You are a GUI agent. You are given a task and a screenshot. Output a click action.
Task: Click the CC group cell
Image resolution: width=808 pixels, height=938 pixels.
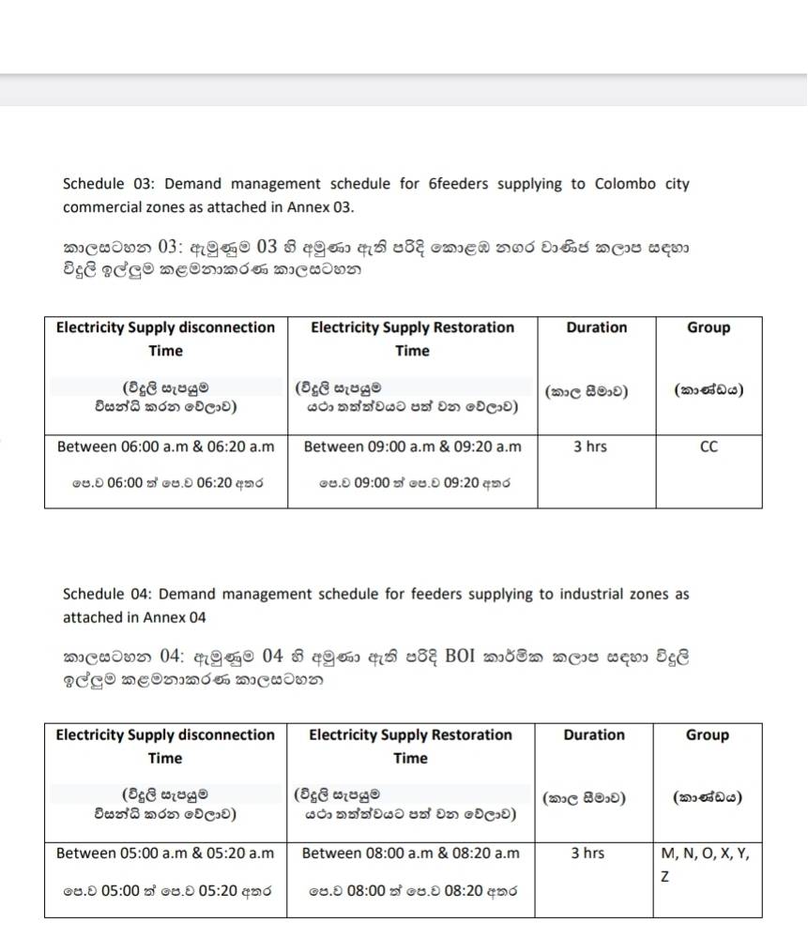point(709,447)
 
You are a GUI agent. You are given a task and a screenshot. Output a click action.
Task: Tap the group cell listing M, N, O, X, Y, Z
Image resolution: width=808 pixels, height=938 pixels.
point(706,864)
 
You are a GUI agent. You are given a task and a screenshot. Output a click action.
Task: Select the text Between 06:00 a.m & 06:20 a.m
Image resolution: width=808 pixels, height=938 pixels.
point(165,447)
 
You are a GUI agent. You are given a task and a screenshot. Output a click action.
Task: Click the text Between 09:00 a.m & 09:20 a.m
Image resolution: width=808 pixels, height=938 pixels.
point(412,447)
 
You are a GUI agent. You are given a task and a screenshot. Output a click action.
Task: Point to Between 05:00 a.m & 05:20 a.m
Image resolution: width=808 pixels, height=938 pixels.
point(165,854)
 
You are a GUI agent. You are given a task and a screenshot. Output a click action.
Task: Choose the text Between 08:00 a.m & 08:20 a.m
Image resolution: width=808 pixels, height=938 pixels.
point(410,854)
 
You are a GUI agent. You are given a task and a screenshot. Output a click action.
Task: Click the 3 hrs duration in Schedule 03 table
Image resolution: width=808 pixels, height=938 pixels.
point(589,447)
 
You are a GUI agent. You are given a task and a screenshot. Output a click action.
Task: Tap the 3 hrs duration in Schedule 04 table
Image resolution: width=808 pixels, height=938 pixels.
point(587,854)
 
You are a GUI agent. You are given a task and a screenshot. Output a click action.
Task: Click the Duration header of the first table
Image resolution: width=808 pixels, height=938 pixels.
point(596,328)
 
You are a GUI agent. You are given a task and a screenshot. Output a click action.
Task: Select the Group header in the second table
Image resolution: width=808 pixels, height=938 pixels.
point(707,735)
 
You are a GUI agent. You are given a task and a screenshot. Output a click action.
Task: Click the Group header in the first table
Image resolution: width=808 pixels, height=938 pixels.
point(709,328)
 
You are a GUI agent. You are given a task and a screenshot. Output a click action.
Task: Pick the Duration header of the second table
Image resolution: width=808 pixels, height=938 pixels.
point(594,735)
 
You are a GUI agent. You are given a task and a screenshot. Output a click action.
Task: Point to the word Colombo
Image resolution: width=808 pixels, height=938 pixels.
point(625,184)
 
